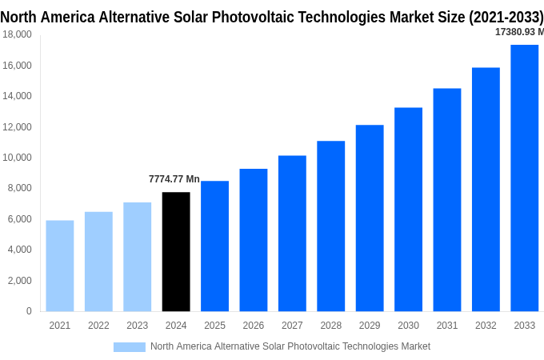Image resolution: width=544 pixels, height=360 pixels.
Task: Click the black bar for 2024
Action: click(x=176, y=251)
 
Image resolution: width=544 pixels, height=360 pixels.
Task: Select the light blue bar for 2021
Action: click(x=60, y=266)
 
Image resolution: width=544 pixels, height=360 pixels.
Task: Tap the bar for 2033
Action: click(x=525, y=178)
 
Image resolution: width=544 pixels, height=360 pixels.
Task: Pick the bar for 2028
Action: click(x=331, y=226)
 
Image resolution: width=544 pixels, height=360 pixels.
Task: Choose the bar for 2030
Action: click(x=408, y=209)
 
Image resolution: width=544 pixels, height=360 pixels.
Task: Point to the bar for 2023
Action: click(x=138, y=256)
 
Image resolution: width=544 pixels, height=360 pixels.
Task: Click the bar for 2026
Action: click(x=254, y=240)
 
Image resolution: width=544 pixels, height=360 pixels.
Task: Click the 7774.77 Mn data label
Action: click(x=174, y=179)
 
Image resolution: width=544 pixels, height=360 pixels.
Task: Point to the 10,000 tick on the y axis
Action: click(x=17, y=158)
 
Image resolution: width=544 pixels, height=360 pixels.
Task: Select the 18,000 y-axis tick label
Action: click(x=17, y=34)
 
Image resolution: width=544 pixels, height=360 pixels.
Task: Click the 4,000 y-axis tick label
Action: click(x=19, y=250)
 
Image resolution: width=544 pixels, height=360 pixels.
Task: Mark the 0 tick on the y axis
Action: click(x=29, y=311)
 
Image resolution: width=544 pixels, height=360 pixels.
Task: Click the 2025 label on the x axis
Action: click(x=214, y=326)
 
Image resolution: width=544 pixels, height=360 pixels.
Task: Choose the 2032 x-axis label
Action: click(x=486, y=326)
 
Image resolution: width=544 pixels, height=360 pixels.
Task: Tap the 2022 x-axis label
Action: click(x=98, y=326)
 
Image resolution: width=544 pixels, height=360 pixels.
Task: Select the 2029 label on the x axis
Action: click(x=370, y=326)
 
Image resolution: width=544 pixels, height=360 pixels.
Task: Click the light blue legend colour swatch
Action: click(x=130, y=347)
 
